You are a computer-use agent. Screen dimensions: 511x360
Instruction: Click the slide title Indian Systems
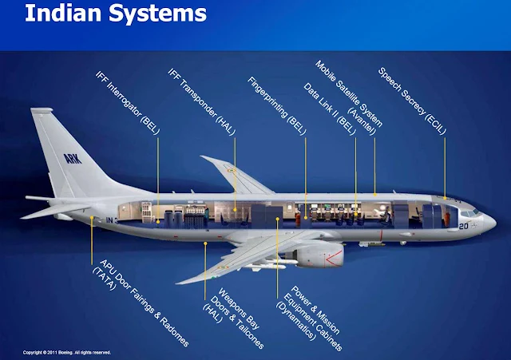104,15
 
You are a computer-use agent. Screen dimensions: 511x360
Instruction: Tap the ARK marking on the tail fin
74,157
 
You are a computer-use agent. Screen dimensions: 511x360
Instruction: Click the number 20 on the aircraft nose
463,227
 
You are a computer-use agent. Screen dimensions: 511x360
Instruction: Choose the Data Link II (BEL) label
327,104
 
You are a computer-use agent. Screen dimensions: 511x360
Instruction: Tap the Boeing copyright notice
67,351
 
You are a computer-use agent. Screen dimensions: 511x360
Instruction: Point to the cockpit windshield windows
471,212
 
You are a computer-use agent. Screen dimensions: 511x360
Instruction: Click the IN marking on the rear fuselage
113,219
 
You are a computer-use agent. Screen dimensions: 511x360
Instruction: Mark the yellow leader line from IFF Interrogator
156,168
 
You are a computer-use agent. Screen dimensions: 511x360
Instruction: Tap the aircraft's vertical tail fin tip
39,111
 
